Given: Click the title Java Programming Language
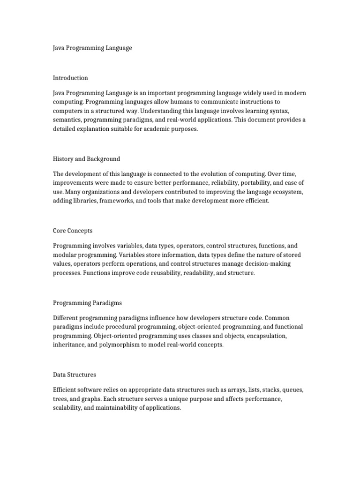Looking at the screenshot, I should tap(92, 48).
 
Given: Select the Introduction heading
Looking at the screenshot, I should tap(70, 78).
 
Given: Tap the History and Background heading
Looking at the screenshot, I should tap(86, 159).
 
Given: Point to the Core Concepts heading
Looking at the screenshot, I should tap(73, 231).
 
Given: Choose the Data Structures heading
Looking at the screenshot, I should tap(75, 375).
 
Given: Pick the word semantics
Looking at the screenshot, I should tap(68, 120).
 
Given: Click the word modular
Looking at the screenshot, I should tap(67, 255).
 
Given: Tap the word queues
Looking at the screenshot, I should tap(292, 390).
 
